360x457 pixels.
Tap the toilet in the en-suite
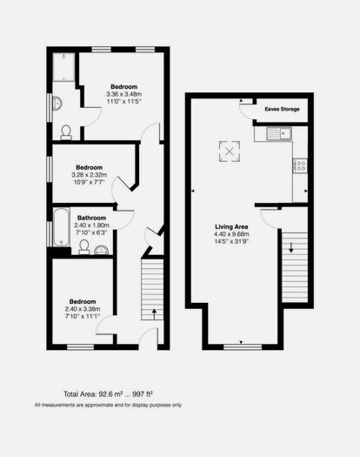(67, 131)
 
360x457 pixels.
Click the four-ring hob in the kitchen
(300, 164)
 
